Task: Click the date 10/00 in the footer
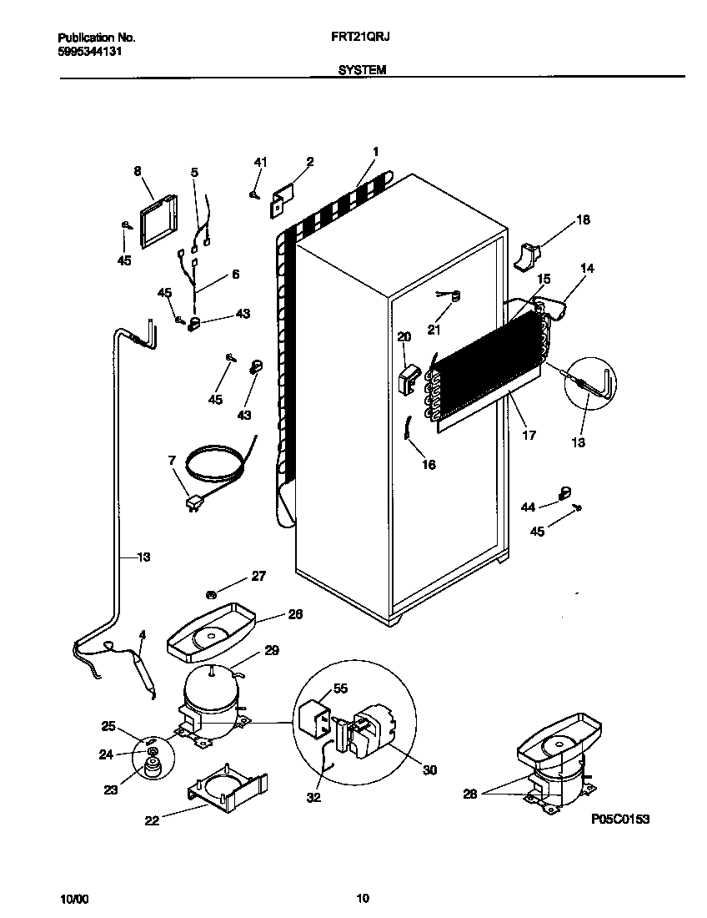[x=73, y=899]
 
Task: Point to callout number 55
[x=339, y=688]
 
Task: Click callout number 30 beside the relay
[x=429, y=770]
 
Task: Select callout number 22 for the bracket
[x=151, y=820]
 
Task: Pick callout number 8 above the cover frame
[x=138, y=171]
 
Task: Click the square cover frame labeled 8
[x=158, y=223]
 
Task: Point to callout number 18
[x=582, y=220]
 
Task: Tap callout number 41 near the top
[x=259, y=162]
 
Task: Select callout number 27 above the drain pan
[x=258, y=576]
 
